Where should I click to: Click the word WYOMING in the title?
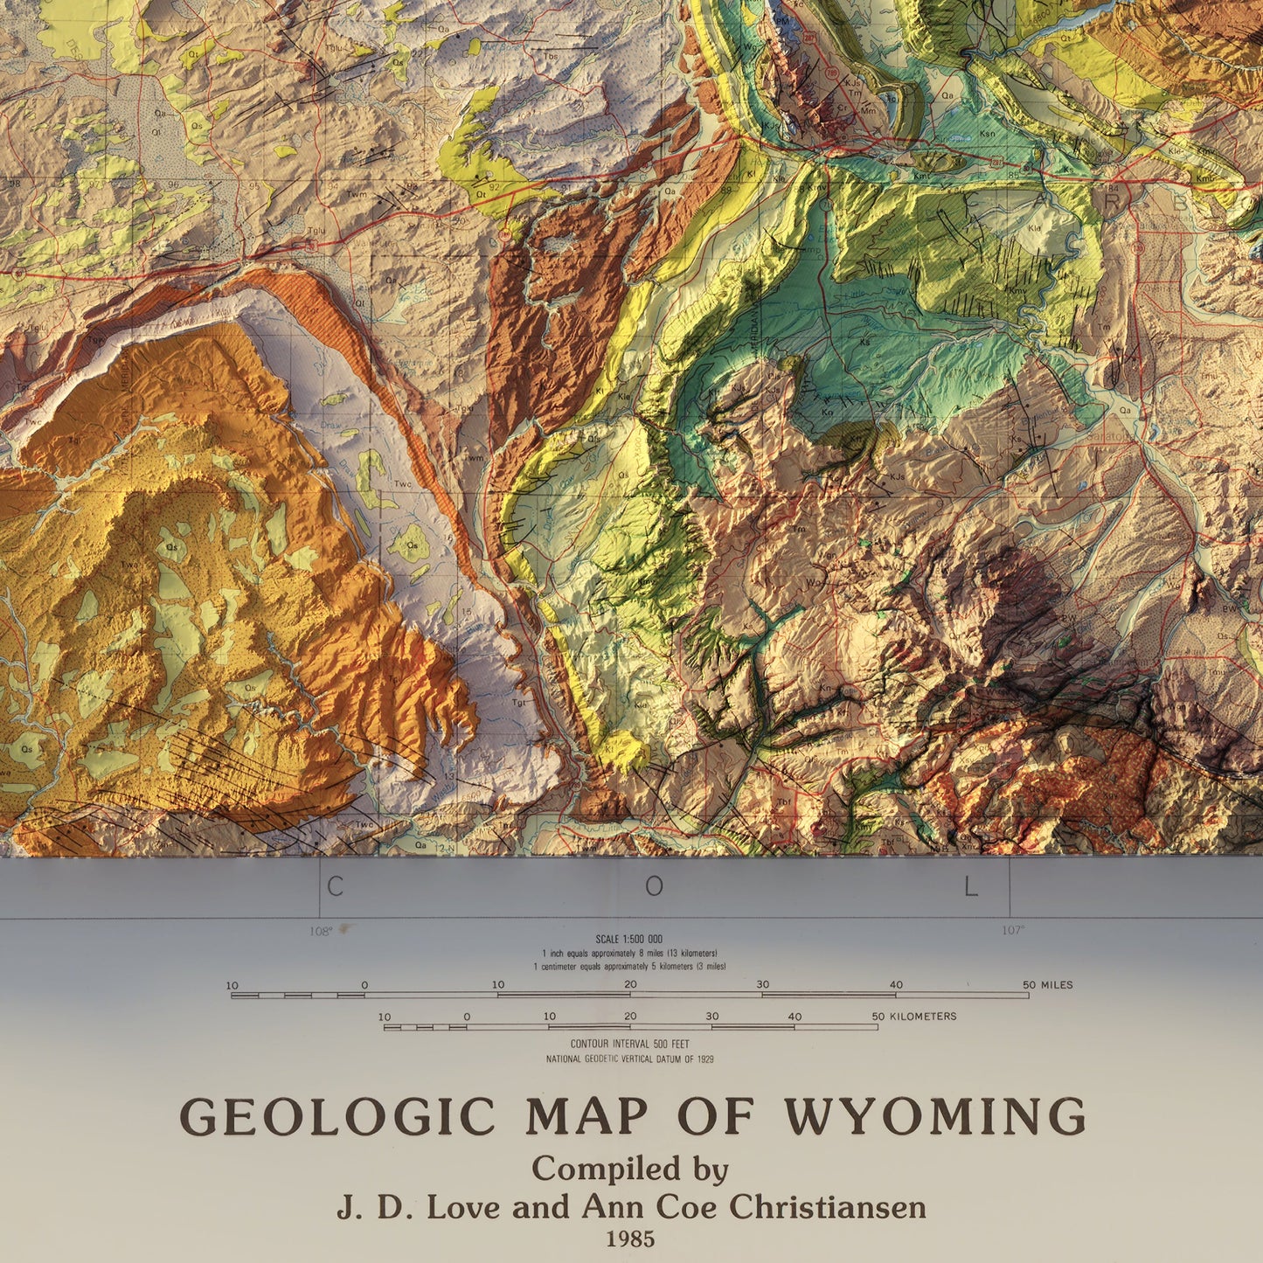coord(934,1116)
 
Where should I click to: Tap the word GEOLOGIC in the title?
coord(337,1116)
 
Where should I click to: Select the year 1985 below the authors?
coord(630,1239)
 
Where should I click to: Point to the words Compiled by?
coord(630,1169)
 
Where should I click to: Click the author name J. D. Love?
coord(419,1207)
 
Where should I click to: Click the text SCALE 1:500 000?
coord(628,940)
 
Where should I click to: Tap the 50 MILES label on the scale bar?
coord(1047,985)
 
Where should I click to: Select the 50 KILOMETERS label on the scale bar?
coord(913,1017)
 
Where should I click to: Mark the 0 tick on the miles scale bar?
coord(364,986)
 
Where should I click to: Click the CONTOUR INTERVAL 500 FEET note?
coord(629,1044)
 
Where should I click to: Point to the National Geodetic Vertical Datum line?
coord(629,1059)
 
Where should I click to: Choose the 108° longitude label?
coord(321,931)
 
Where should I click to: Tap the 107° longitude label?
coord(1013,931)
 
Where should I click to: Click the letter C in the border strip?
coord(335,887)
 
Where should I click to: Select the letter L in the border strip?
coord(970,887)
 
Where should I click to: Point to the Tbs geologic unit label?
coord(551,57)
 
